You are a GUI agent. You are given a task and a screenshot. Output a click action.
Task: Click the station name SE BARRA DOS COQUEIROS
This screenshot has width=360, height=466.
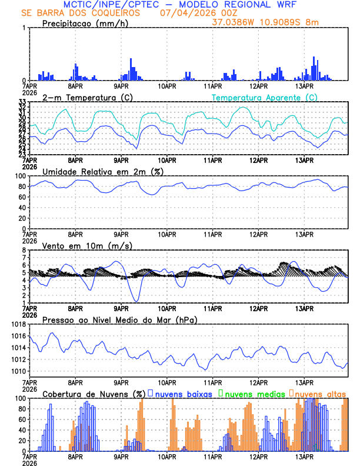(x=81, y=12)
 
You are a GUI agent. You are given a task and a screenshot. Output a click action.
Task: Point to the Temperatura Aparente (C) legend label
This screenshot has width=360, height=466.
(x=264, y=97)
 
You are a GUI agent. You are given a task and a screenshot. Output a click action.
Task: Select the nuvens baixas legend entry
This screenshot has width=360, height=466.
(x=179, y=394)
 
